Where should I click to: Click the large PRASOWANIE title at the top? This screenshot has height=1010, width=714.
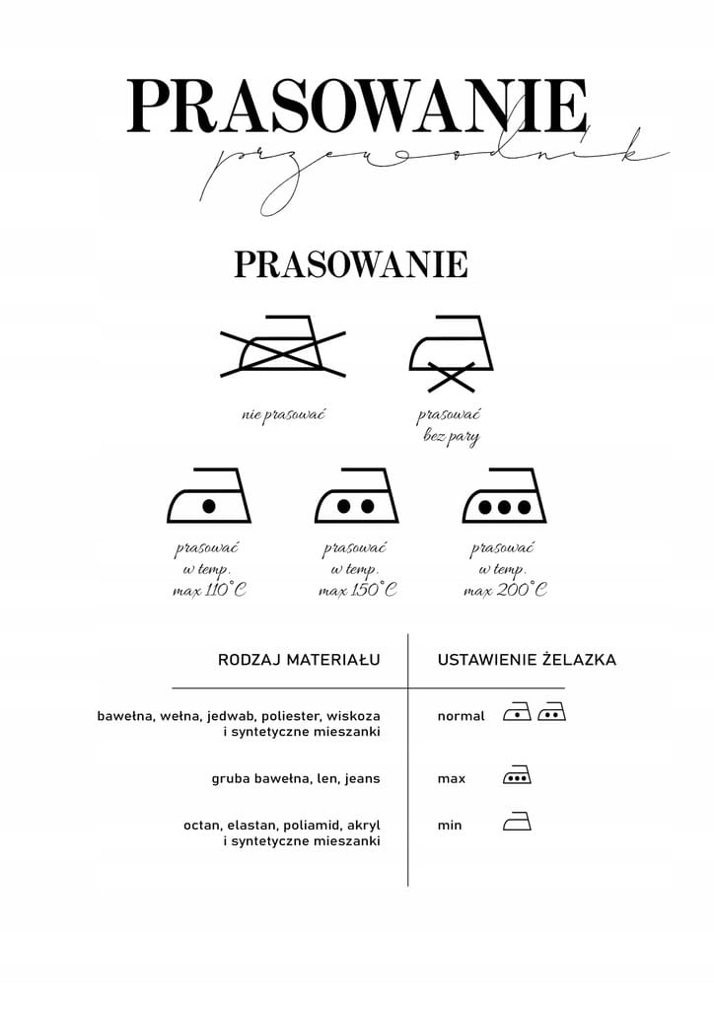click(x=357, y=106)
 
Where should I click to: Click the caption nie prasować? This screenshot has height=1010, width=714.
click(x=283, y=414)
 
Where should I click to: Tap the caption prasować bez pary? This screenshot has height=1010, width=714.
click(x=450, y=425)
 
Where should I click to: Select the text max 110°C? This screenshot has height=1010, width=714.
click(x=208, y=590)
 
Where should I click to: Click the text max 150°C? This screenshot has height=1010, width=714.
click(x=357, y=590)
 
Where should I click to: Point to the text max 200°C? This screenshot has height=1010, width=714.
click(x=505, y=590)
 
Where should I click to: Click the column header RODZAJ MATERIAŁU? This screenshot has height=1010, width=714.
click(x=299, y=660)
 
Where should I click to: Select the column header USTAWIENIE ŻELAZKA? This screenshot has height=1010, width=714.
click(x=527, y=660)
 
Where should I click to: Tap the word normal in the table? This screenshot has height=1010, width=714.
click(x=461, y=716)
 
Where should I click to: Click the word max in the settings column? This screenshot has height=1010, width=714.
click(x=452, y=778)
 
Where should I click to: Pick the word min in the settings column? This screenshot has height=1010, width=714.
click(x=450, y=825)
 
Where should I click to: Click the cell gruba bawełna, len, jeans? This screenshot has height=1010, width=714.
click(x=296, y=778)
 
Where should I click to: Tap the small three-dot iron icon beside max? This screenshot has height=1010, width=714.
click(x=517, y=776)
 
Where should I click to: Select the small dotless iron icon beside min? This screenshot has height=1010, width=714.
click(x=517, y=822)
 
